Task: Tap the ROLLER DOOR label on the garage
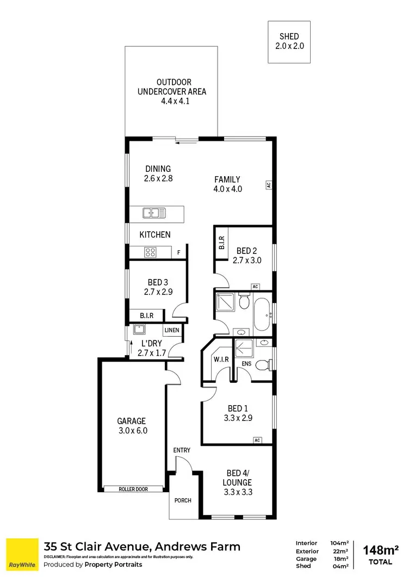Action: (133, 489)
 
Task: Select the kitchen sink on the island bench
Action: (154, 213)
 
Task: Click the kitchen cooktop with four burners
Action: (151, 252)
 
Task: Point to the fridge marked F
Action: (178, 252)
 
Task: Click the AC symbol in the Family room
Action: (269, 185)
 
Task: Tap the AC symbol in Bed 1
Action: (257, 440)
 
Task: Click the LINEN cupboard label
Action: (171, 330)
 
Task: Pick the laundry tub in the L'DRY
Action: (138, 330)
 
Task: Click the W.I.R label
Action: (221, 359)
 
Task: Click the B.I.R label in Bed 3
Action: (146, 315)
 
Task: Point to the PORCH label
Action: (183, 500)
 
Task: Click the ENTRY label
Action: (182, 450)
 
